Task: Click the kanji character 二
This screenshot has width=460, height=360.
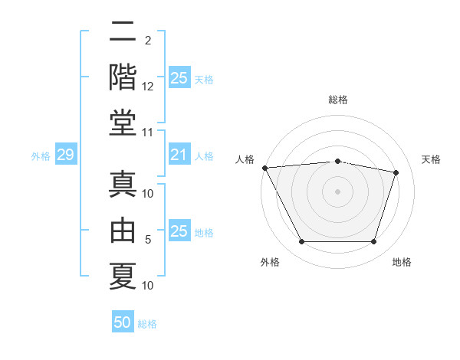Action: pos(123,32)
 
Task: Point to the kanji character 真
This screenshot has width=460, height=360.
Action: pos(123,184)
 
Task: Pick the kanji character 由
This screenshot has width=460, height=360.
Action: pos(123,229)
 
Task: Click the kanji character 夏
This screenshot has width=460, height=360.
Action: pos(123,274)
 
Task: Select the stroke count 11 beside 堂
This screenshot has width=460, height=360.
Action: pos(148,133)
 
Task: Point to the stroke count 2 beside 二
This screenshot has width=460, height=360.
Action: pos(148,41)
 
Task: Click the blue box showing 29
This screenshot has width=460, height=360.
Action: pos(65,155)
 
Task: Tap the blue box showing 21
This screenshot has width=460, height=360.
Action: pos(179,155)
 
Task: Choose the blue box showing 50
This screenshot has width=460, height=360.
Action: pos(123,322)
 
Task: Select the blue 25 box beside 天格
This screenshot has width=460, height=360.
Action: pos(179,77)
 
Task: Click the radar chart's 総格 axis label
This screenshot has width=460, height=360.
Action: pos(338,100)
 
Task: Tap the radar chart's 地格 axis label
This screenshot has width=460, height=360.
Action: pos(402,262)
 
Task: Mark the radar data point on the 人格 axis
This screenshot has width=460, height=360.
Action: pos(264,167)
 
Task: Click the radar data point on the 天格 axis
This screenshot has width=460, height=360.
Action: pos(396,172)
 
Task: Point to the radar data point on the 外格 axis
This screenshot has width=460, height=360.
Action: pos(301,242)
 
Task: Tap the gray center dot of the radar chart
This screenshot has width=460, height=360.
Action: pos(338,191)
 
